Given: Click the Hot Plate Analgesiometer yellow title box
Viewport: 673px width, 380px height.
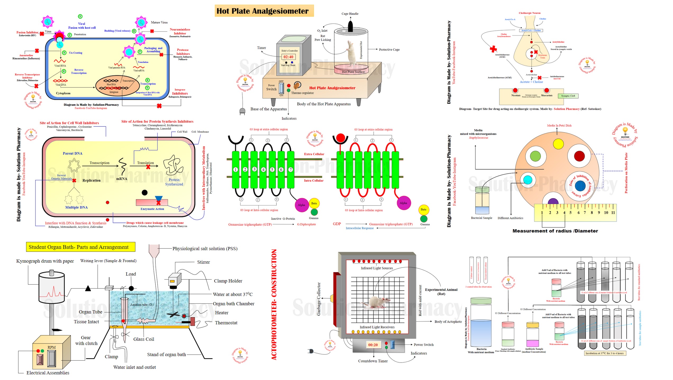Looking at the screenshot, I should click(264, 11).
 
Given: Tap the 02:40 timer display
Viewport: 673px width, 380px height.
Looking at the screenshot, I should click(288, 57).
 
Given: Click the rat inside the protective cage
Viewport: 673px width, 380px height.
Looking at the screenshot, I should click(352, 53).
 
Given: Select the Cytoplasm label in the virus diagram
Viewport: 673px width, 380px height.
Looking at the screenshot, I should click(63, 93).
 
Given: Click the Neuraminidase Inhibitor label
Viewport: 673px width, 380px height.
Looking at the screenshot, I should click(180, 31).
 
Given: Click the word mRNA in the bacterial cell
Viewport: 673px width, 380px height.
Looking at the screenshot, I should click(122, 179).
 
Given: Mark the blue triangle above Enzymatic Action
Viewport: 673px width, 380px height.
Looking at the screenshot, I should click(158, 199).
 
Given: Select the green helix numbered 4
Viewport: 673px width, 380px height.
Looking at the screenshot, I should click(263, 169).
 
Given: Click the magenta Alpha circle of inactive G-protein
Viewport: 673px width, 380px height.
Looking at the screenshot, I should click(301, 205).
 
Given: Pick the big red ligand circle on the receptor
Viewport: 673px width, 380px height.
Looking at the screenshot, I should click(340, 138).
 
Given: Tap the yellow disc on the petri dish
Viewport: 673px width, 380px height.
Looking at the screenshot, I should click(558, 144).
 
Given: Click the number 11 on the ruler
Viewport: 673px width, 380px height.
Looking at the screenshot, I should click(613, 213).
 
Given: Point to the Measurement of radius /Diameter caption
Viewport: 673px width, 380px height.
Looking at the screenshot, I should click(555, 231).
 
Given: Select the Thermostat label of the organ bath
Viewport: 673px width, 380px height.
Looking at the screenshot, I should click(226, 323).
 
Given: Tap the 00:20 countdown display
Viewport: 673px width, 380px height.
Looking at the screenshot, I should click(373, 345).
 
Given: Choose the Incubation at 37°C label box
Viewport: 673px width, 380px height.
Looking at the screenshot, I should click(605, 353).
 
